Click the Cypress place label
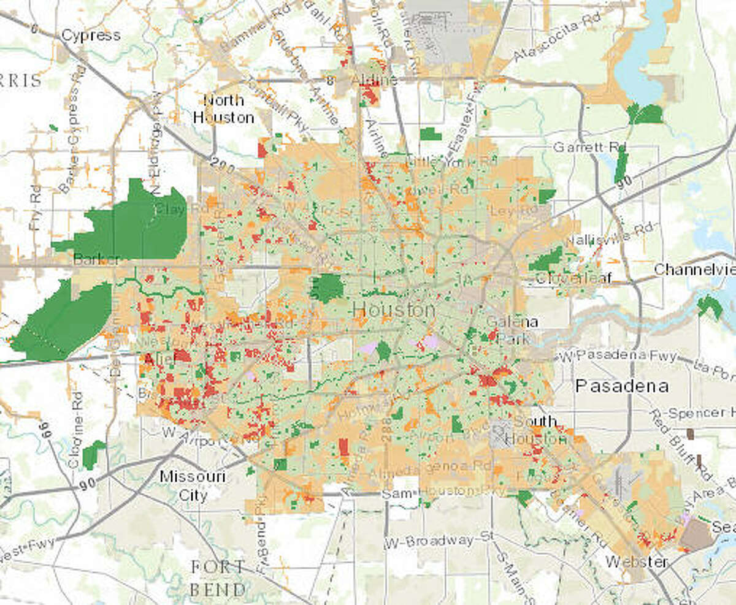click(90, 35)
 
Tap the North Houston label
click(223, 108)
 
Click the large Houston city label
click(393, 310)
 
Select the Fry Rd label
click(35, 207)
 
